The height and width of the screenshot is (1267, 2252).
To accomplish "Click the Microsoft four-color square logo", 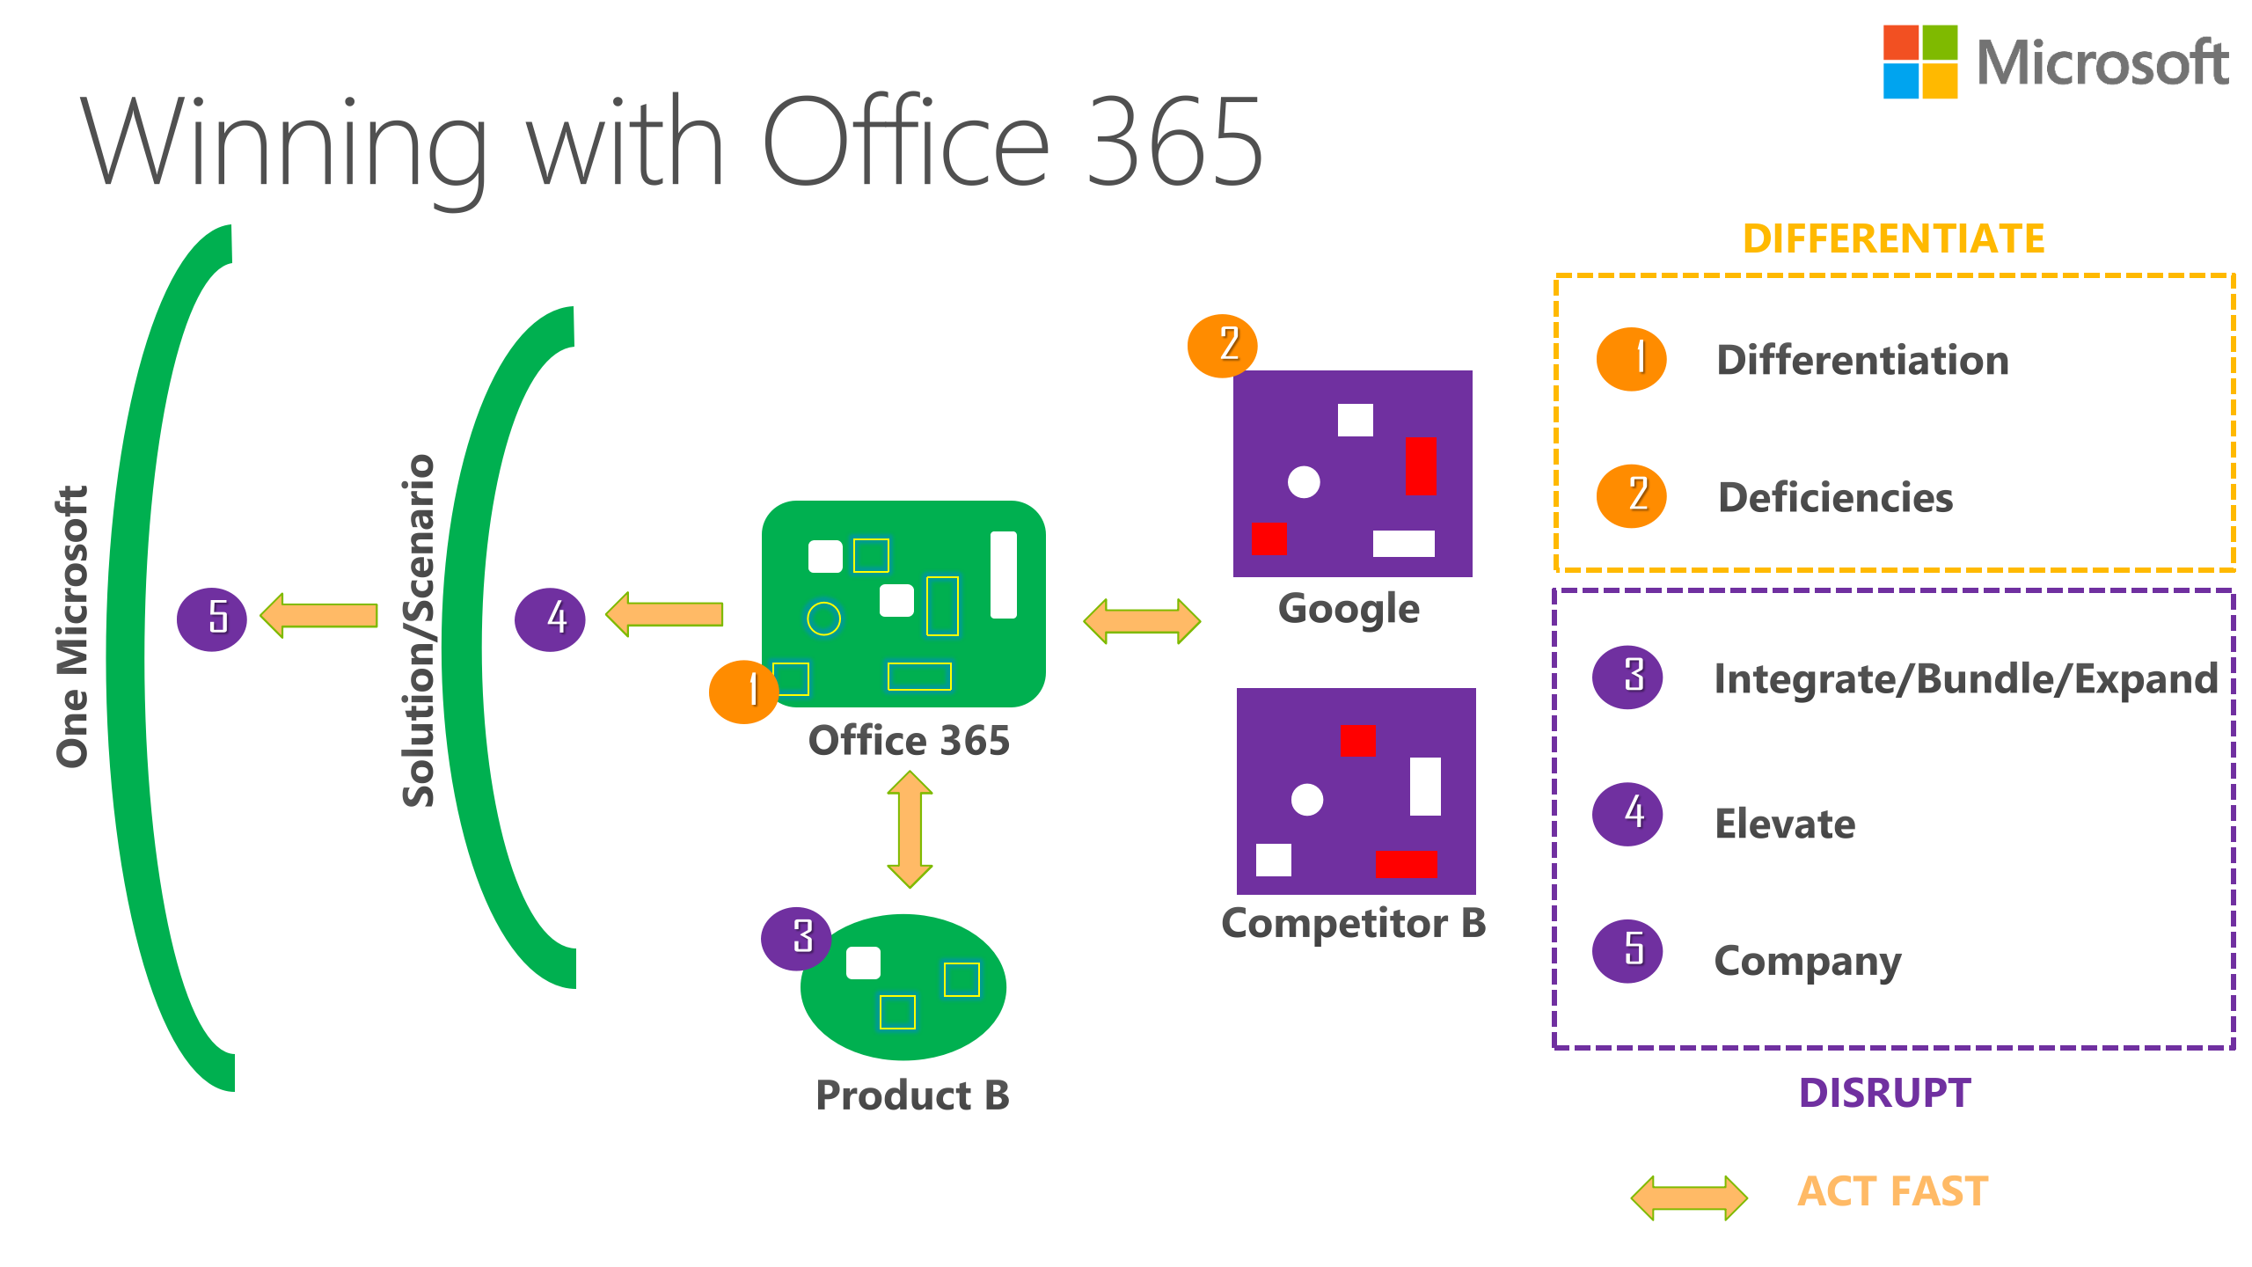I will pyautogui.click(x=1919, y=62).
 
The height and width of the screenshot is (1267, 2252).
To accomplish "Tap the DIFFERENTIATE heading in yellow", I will pyautogui.click(x=1893, y=239).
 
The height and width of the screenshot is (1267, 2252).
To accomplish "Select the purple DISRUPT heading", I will pyautogui.click(x=1884, y=1093).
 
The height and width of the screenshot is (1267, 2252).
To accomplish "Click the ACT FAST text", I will pyautogui.click(x=1892, y=1191).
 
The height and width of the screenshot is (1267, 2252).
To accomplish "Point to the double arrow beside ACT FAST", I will pyautogui.click(x=1688, y=1197).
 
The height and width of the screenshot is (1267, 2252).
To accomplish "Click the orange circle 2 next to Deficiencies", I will pyautogui.click(x=1631, y=496).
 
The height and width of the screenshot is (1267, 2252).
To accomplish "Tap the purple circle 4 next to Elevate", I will pyautogui.click(x=1627, y=814).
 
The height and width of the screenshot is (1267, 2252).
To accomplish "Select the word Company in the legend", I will pyautogui.click(x=1807, y=961).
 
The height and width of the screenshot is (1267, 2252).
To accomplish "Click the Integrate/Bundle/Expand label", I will pyautogui.click(x=1965, y=679).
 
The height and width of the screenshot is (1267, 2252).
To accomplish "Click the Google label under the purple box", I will pyautogui.click(x=1349, y=609).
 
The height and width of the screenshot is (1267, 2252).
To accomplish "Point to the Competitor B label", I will pyautogui.click(x=1353, y=924).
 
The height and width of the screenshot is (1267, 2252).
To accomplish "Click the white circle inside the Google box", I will pyautogui.click(x=1304, y=482).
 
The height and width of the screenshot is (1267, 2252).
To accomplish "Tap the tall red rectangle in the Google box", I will pyautogui.click(x=1420, y=466).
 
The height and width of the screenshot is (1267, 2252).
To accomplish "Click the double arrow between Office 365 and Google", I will pyautogui.click(x=1141, y=621).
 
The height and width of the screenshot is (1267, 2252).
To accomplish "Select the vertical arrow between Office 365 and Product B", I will pyautogui.click(x=910, y=829).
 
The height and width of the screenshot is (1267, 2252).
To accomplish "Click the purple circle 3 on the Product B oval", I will pyautogui.click(x=796, y=939).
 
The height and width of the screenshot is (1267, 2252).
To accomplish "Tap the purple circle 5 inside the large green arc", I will pyautogui.click(x=212, y=619).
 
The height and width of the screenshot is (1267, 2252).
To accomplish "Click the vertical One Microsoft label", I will pyautogui.click(x=72, y=626).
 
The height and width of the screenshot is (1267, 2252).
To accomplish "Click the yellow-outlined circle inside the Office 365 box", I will pyautogui.click(x=823, y=619).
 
